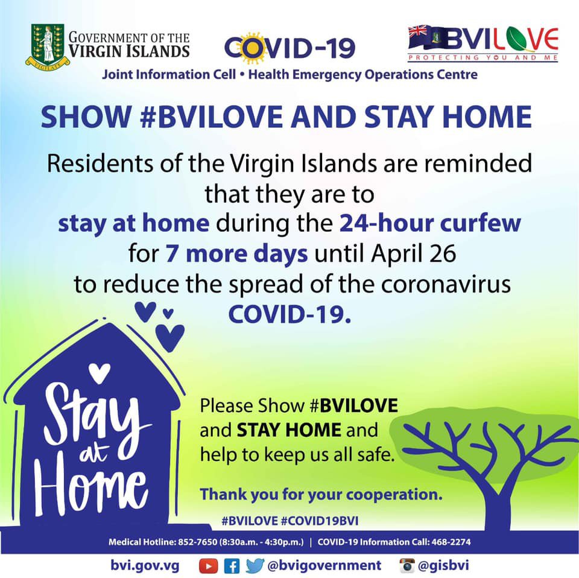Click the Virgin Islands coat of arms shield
[48, 43]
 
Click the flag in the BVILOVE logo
[428, 37]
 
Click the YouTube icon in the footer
[208, 566]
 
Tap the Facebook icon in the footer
[232, 566]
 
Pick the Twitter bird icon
[255, 566]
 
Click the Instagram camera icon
[407, 566]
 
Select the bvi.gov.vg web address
[145, 566]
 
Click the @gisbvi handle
[443, 565]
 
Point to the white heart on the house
[100, 373]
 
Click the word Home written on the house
[91, 492]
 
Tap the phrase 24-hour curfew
[430, 223]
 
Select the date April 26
[414, 254]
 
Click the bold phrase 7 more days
[236, 254]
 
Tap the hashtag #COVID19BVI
[320, 521]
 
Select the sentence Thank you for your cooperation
[321, 494]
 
